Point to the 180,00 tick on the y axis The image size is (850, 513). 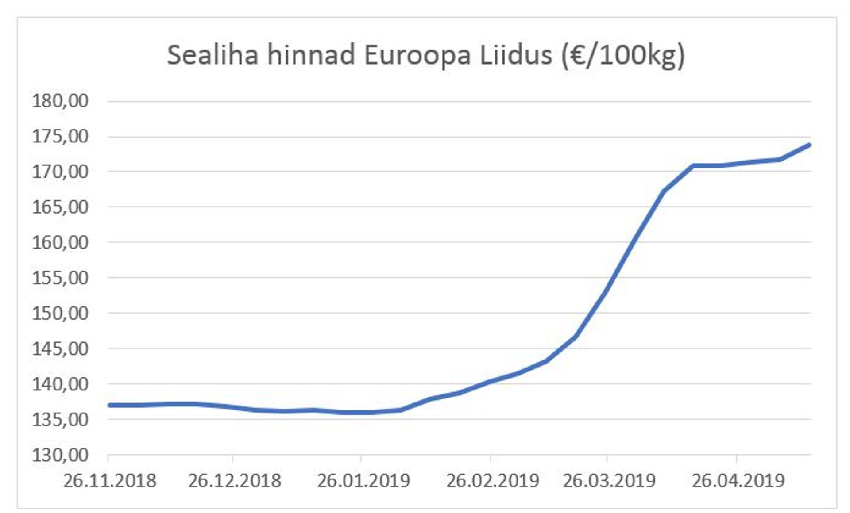point(60,101)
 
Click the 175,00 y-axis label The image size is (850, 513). point(60,137)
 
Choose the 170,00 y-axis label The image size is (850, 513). point(60,172)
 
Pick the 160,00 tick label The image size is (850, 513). point(60,242)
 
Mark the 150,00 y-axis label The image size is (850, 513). point(60,313)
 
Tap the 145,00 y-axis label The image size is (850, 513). point(60,348)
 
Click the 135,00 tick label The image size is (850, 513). point(60,419)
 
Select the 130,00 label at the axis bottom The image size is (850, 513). point(60,455)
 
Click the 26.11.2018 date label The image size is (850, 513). point(110,481)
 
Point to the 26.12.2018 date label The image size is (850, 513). point(235,481)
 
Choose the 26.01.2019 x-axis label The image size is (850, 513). point(363,481)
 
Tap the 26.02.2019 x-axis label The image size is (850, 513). point(493,481)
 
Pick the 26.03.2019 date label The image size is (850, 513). point(609,481)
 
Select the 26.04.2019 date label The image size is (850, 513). point(738,481)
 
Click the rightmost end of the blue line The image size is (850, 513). point(809,145)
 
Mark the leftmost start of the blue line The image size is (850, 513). point(109,405)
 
